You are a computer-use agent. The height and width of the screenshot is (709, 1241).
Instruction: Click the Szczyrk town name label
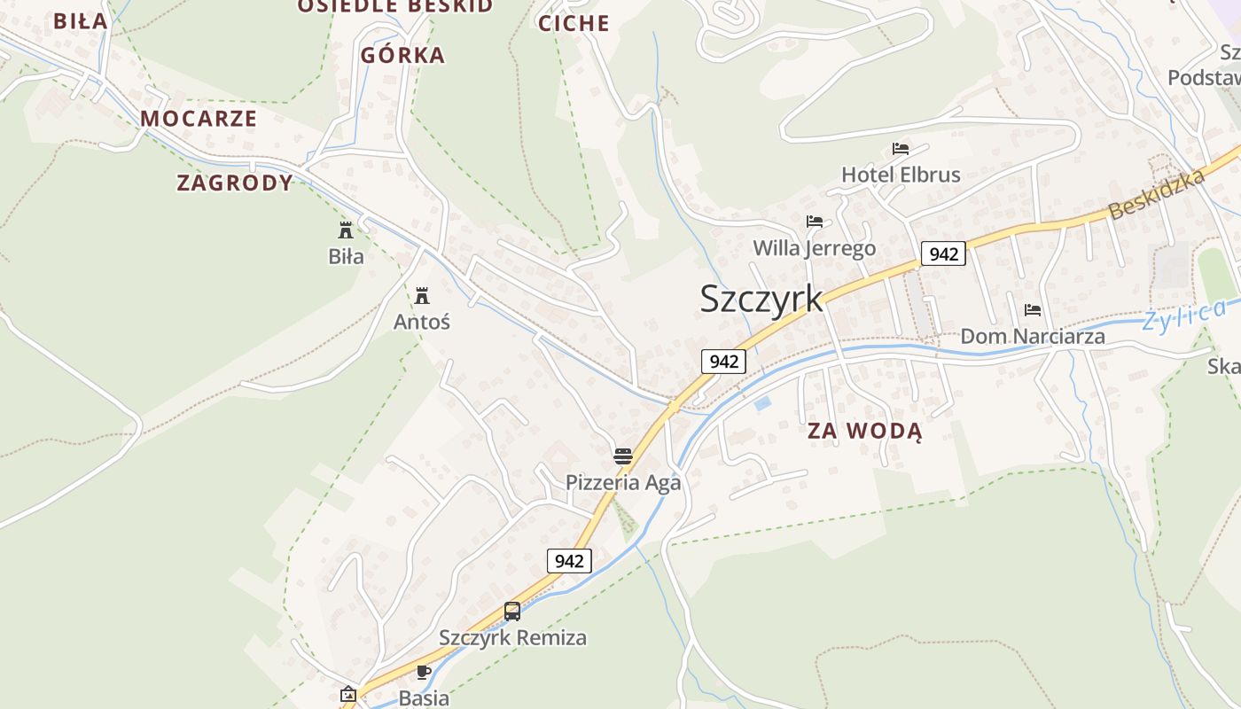[x=761, y=300]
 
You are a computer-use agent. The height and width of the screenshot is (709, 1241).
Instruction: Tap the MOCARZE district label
[x=199, y=119]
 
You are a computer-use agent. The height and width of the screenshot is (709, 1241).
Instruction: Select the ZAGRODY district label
[x=235, y=183]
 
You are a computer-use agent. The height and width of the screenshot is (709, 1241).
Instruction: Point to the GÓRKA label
[x=402, y=56]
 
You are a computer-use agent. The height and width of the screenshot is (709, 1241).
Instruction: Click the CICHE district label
[x=574, y=24]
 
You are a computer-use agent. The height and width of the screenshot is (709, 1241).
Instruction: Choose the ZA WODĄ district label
[x=864, y=432]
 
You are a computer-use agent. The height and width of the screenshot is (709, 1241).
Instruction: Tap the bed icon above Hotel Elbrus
[x=901, y=149]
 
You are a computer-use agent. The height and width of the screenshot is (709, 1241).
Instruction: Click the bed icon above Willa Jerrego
[x=814, y=222]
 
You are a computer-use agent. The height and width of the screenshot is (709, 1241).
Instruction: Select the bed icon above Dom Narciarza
[x=1033, y=310]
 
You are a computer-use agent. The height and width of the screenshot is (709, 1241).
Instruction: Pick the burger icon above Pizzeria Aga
[x=623, y=456]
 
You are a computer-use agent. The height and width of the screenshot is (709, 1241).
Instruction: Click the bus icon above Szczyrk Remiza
[x=512, y=611]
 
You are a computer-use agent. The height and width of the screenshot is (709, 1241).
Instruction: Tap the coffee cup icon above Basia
[x=424, y=672]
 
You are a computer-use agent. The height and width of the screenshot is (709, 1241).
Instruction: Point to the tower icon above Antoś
[x=422, y=296]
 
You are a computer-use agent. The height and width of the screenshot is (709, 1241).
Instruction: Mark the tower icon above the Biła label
[x=346, y=230]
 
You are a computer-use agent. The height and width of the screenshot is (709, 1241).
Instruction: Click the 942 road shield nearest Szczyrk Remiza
[x=569, y=561]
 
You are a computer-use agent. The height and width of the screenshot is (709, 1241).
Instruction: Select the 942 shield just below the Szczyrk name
[x=723, y=362]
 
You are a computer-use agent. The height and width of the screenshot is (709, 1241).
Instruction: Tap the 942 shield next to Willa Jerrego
[x=943, y=254]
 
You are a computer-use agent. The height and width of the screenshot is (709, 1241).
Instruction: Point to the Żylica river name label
[x=1184, y=316]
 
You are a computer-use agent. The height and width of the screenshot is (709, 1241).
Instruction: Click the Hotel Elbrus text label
[x=901, y=175]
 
